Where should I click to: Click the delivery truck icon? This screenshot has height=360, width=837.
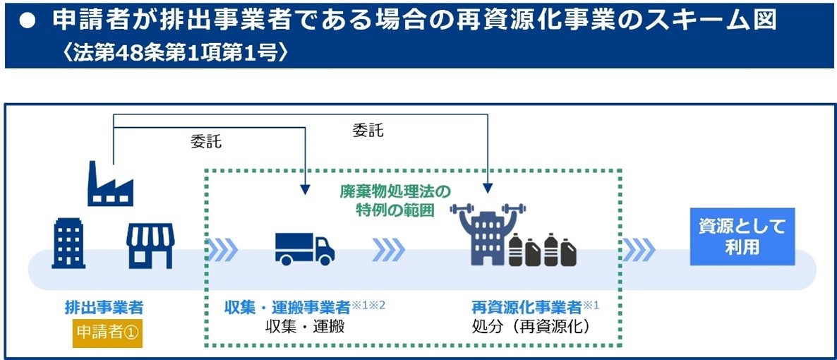[x=304, y=248]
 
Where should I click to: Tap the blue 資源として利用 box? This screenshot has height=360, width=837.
[x=742, y=236]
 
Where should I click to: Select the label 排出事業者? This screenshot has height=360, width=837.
[x=104, y=308]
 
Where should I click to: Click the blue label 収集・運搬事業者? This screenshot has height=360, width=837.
[x=287, y=308]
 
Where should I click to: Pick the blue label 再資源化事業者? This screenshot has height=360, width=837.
[x=526, y=308]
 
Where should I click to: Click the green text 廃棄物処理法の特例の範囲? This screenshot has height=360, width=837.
[x=395, y=200]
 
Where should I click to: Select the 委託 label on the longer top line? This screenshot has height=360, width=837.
[x=368, y=131]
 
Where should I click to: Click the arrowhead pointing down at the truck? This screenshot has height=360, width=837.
[x=304, y=188]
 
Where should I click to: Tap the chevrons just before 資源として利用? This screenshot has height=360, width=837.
[x=639, y=248]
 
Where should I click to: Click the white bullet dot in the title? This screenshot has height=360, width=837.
[x=28, y=20]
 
